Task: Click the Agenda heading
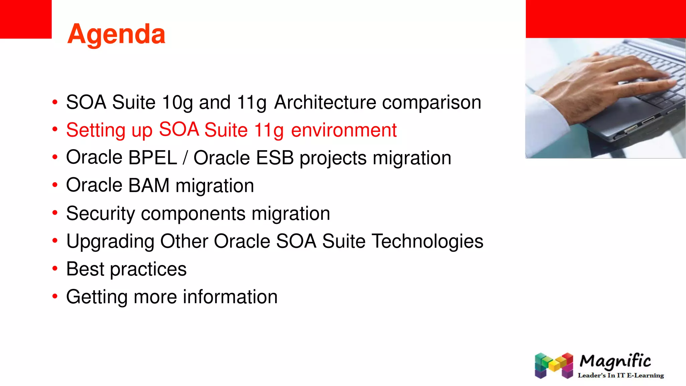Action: click(x=116, y=34)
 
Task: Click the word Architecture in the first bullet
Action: click(x=325, y=102)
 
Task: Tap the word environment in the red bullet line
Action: click(x=344, y=130)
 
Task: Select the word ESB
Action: click(x=275, y=158)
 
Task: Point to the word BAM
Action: click(x=149, y=186)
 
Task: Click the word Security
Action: click(x=100, y=213)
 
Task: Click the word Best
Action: click(x=85, y=269)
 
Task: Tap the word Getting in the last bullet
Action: click(x=97, y=297)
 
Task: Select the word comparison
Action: click(x=431, y=102)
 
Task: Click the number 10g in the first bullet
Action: click(x=177, y=102)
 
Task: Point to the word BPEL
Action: click(x=152, y=158)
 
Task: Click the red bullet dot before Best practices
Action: click(x=55, y=268)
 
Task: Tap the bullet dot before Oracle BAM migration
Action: click(x=55, y=185)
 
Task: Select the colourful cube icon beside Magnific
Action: click(x=554, y=365)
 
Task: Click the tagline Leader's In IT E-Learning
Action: click(x=620, y=376)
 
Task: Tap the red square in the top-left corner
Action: click(x=25, y=19)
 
